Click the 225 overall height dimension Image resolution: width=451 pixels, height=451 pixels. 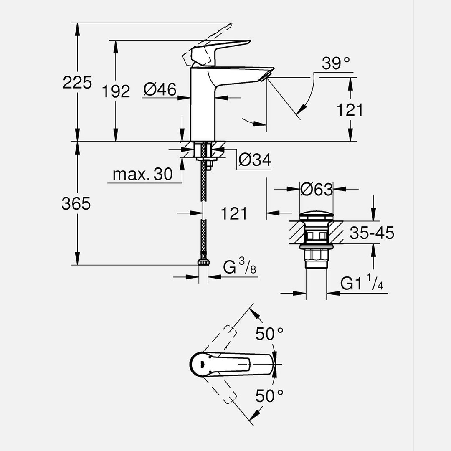tap(77, 82)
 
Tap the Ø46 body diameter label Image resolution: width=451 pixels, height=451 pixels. tap(160, 89)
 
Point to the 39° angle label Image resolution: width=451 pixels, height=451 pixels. tap(335, 64)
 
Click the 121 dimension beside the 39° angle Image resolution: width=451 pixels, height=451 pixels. tap(350, 110)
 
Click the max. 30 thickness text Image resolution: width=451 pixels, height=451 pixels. tap(142, 175)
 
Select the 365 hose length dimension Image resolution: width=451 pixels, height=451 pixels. tap(76, 204)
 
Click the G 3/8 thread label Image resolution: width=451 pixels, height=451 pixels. tap(240, 267)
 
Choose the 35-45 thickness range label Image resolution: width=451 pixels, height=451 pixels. tap(372, 233)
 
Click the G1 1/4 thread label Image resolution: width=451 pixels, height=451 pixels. tap(362, 284)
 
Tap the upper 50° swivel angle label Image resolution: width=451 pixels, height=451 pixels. tap(270, 334)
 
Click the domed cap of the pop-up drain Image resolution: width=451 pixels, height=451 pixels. tap(316, 216)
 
